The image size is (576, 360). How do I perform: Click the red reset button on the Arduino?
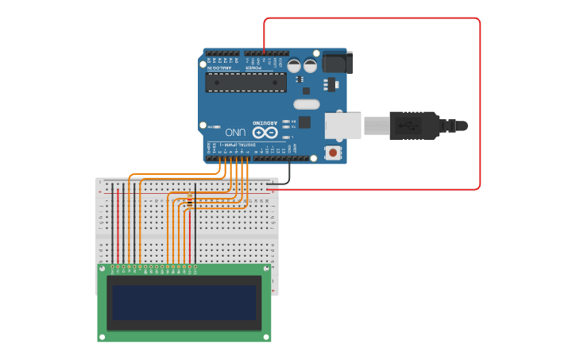pyautogui.click(x=332, y=152)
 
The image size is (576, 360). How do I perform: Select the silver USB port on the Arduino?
pyautogui.click(x=343, y=126)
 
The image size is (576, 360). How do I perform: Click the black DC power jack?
pyautogui.click(x=338, y=62)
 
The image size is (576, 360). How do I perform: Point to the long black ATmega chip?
pyautogui.click(x=245, y=83)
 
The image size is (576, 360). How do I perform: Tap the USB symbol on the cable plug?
pyautogui.click(x=411, y=126)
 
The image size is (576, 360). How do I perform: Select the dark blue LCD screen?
pyautogui.click(x=184, y=303)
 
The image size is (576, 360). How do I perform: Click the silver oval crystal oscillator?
pyautogui.click(x=306, y=104)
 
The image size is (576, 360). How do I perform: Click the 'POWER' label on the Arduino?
pyautogui.click(x=254, y=68)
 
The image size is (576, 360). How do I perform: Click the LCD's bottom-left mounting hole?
pyautogui.click(x=102, y=337)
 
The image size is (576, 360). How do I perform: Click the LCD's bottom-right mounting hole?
pyautogui.click(x=267, y=337)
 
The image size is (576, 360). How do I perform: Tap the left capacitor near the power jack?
pyautogui.click(x=294, y=66)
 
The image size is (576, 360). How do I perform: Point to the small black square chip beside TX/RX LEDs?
pyautogui.click(x=304, y=122)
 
